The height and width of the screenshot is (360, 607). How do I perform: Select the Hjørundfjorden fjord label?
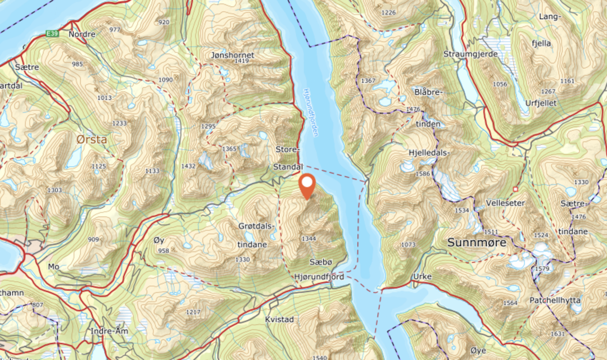pos(311,112)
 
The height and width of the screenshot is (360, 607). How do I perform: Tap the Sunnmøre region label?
pos(477,243)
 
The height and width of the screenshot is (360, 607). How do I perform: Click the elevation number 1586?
pos(423,174)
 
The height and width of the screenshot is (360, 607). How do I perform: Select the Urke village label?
pos(422,277)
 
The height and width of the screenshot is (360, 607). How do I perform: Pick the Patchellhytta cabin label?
pos(555,300)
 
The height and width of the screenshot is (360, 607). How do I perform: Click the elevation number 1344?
pos(309,239)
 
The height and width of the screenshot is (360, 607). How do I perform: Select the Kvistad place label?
pos(279,319)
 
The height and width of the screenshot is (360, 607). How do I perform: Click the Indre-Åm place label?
pos(110,331)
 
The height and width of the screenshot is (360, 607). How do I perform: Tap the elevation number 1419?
pos(242,61)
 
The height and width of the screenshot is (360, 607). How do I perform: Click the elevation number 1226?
pos(388,12)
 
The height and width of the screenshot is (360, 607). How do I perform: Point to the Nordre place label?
pos(82,34)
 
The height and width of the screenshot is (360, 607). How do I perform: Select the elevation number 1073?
pos(409,245)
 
